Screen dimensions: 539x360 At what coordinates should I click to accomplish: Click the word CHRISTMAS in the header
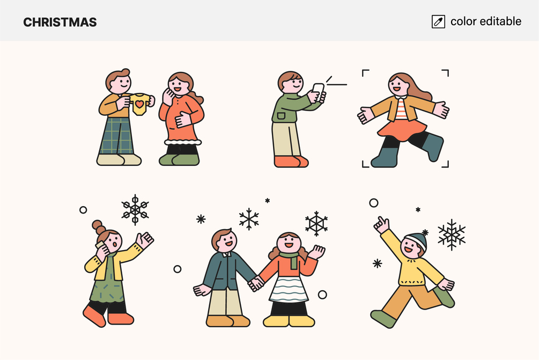[60, 23]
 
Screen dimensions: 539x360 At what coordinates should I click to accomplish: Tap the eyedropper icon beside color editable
[438, 21]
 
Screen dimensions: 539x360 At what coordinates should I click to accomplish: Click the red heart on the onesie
[139, 104]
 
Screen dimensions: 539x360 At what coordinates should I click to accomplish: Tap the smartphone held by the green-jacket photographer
[318, 92]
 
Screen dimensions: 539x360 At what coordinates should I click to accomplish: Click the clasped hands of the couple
[256, 284]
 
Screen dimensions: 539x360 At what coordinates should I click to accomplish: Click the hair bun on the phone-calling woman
[99, 227]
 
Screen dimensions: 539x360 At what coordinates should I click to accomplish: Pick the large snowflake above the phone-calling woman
[135, 209]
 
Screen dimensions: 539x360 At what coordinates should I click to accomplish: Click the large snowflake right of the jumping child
[452, 234]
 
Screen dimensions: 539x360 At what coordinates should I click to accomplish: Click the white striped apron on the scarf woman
[289, 289]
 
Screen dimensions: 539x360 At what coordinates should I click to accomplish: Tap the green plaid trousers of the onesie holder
[116, 136]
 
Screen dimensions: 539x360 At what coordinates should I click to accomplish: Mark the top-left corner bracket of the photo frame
[365, 73]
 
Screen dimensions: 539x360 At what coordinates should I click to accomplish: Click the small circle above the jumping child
[374, 203]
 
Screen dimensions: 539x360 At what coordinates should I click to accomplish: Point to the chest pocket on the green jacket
[282, 115]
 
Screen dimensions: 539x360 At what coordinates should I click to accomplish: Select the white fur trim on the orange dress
[182, 141]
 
